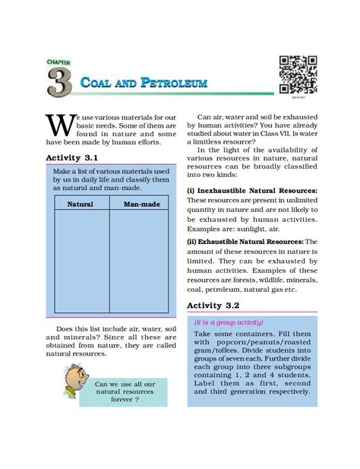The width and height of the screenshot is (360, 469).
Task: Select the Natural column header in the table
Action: click(x=80, y=204)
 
